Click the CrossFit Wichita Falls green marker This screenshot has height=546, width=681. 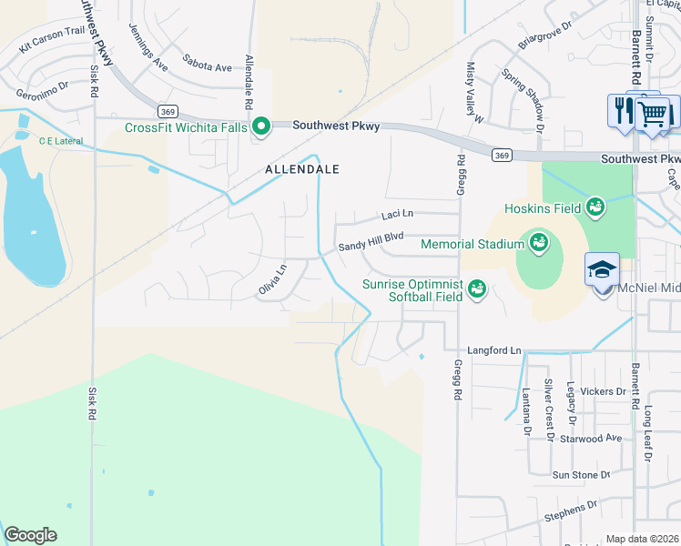261,126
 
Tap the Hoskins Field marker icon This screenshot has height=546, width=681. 595,208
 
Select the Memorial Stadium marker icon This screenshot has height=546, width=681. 537,243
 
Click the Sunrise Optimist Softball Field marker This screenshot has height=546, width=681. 476,290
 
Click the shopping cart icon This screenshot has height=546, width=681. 653,114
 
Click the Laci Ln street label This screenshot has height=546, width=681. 396,215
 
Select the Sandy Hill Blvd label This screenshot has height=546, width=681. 371,241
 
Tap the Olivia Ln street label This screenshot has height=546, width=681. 272,281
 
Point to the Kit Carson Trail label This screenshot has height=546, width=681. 50,43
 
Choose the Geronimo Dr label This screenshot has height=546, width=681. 42,90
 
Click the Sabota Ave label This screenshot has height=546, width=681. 207,67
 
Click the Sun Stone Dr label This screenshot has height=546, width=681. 581,475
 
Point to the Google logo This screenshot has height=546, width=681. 30,535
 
